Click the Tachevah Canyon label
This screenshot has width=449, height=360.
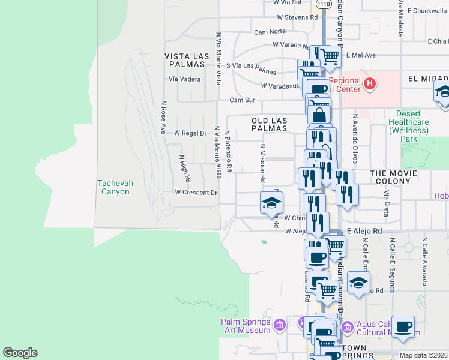tap(113, 187)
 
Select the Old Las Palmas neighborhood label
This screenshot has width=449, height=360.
tap(269, 124)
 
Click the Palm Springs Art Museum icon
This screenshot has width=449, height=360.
tap(279, 326)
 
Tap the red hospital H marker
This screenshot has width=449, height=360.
tap(370, 83)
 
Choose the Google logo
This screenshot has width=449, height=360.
tap(20, 353)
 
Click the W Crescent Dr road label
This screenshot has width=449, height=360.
tap(196, 193)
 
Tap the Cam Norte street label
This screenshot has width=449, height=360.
tap(270, 32)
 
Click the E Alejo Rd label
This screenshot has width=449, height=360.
tap(364, 230)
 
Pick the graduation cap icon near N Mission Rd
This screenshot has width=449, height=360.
tap(271, 203)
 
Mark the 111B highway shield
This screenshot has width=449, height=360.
tap(324, 4)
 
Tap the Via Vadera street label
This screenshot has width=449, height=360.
tap(185, 79)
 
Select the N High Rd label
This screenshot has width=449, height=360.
tap(185, 169)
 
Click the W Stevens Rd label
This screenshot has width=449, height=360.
tap(297, 17)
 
